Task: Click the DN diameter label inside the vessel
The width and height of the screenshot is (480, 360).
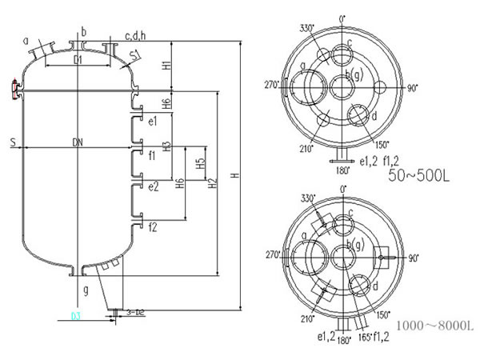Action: (78, 142)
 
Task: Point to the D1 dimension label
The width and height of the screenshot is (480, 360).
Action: (78, 60)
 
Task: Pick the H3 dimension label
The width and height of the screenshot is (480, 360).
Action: (166, 146)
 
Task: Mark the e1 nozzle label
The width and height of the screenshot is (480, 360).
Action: (153, 121)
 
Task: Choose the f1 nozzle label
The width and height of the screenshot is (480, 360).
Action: (152, 154)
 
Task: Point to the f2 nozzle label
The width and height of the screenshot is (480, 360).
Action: (152, 226)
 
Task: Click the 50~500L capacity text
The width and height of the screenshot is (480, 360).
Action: (419, 175)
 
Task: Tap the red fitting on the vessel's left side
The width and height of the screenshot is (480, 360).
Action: (15, 89)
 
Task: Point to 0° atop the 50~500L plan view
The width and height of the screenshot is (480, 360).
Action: (342, 18)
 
